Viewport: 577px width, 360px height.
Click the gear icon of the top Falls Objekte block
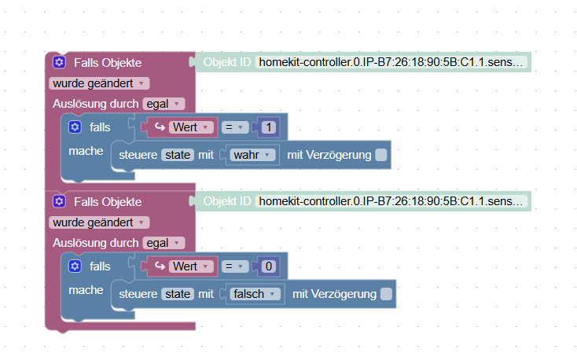(x=59, y=62)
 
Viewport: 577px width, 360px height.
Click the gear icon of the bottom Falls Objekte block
(x=59, y=202)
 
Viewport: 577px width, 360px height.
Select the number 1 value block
(x=269, y=127)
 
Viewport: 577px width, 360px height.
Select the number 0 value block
(x=269, y=266)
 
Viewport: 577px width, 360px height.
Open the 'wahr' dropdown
(x=254, y=155)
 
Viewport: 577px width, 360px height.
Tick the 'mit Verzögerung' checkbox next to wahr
(x=381, y=155)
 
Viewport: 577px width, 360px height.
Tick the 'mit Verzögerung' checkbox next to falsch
(x=386, y=294)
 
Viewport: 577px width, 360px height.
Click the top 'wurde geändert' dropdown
(x=98, y=83)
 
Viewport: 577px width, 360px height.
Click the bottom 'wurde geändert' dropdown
(x=98, y=222)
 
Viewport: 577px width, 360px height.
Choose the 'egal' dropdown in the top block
(x=164, y=104)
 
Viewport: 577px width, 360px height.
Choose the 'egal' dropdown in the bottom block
(x=164, y=243)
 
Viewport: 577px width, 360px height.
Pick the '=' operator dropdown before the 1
(x=235, y=127)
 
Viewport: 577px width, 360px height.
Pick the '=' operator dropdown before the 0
(x=235, y=266)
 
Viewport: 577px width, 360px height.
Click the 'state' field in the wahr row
(x=178, y=155)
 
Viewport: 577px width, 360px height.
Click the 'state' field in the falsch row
(x=178, y=294)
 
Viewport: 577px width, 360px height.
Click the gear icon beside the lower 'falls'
(x=75, y=266)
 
